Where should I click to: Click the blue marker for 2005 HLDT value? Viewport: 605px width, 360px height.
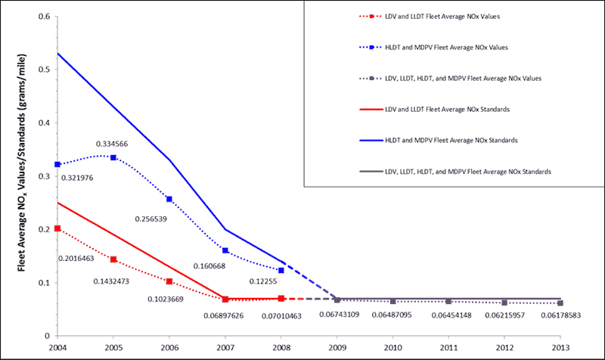click(x=113, y=157)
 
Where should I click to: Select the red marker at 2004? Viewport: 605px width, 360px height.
click(x=57, y=228)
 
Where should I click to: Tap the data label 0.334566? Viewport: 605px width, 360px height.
click(x=114, y=144)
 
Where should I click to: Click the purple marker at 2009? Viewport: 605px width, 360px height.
click(x=337, y=300)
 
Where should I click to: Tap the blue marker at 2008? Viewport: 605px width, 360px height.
click(x=281, y=270)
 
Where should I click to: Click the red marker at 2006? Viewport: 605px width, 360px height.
click(x=169, y=281)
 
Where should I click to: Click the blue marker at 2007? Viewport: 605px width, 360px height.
click(x=225, y=250)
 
